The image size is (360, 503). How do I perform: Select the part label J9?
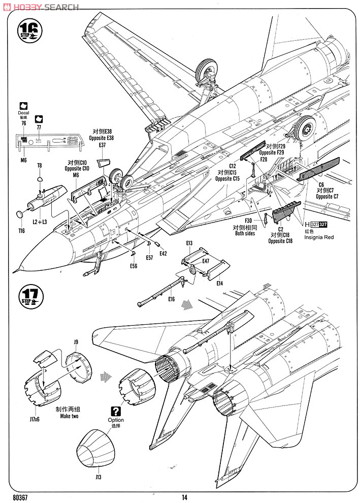click(76, 342)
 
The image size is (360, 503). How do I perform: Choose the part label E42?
click(163, 253)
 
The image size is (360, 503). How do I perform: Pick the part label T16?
click(22, 231)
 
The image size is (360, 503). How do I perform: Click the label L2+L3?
click(40, 222)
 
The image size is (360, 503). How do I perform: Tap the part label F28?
click(264, 159)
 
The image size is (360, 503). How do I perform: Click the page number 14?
click(185, 498)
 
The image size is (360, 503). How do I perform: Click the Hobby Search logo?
click(41, 7)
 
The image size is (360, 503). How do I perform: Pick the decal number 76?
click(24, 123)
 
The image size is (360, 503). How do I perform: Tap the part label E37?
click(103, 145)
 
